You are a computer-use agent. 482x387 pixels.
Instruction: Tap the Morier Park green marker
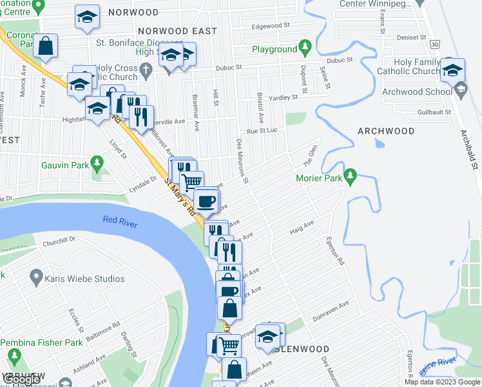(350, 175)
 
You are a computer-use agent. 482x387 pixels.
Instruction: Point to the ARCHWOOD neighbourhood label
(386, 131)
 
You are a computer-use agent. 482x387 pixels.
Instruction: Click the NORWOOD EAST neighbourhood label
(172, 31)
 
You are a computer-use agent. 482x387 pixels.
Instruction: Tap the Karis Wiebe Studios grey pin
(36, 279)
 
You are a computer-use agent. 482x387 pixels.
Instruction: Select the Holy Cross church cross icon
(146, 69)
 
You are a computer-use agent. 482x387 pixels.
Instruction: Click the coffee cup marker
(206, 202)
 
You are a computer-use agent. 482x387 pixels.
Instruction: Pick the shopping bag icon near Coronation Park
(45, 46)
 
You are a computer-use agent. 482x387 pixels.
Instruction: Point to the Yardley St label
(284, 98)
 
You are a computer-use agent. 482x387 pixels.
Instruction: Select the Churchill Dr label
(59, 239)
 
